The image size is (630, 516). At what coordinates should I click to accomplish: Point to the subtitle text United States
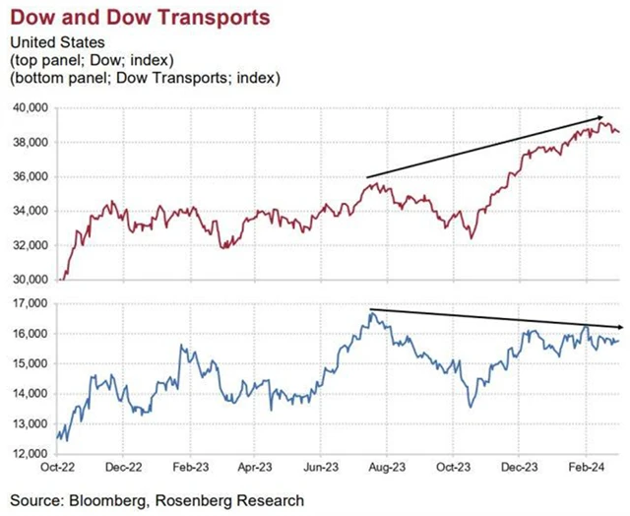[x=54, y=41]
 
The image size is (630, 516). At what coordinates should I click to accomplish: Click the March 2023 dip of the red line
[x=225, y=247]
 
